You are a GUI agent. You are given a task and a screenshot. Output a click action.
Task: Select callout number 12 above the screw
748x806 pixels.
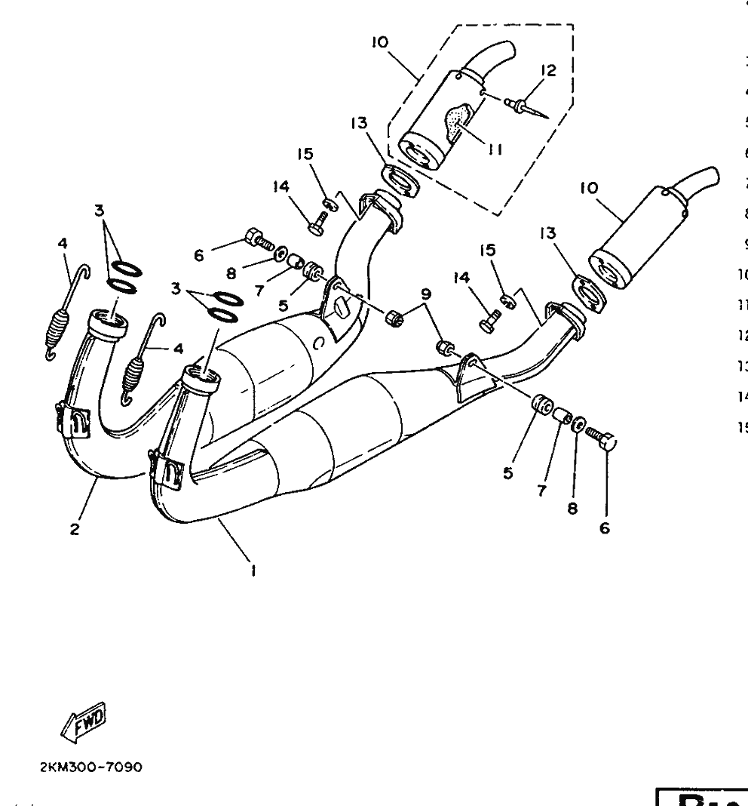click(x=548, y=71)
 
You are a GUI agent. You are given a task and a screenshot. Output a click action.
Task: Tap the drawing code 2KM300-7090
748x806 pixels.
click(x=90, y=767)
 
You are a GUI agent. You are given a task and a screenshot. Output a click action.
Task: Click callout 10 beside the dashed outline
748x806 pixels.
click(x=379, y=43)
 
